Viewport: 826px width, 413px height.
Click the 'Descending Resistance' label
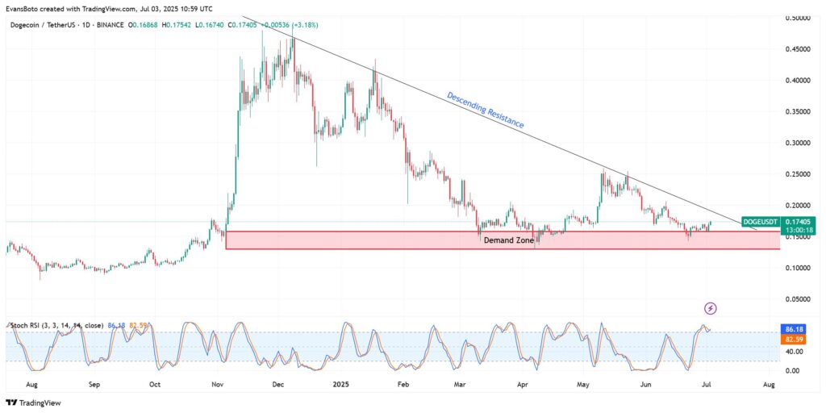[x=486, y=111]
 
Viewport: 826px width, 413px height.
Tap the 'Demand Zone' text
[x=508, y=240]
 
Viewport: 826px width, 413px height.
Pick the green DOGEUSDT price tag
[x=761, y=221]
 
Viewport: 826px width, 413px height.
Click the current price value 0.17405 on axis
[x=798, y=220]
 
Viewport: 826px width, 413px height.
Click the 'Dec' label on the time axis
[x=277, y=386]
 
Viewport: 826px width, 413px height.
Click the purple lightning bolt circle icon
[x=710, y=308]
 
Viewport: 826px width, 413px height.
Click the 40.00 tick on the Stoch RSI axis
[x=794, y=352]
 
